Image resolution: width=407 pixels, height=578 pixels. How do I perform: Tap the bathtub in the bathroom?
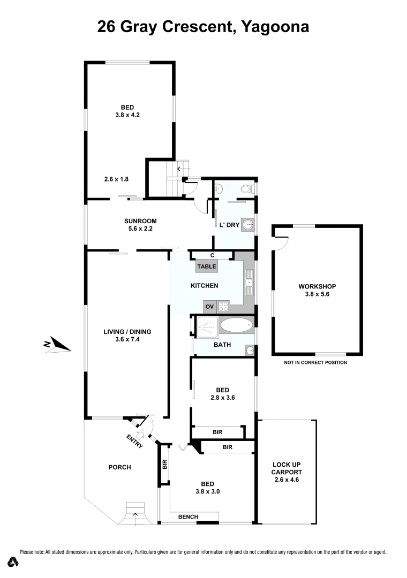click(x=236, y=325)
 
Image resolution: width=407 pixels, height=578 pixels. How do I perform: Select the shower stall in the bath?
click(x=207, y=326)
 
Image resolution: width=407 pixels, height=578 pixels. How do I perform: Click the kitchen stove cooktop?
click(x=223, y=307)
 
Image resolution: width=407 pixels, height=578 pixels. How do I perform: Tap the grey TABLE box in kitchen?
click(x=207, y=266)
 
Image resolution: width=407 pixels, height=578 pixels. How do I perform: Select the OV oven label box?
click(x=209, y=307)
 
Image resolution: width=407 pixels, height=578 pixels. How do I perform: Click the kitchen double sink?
click(x=249, y=283)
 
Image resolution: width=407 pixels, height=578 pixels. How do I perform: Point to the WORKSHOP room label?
click(x=317, y=286)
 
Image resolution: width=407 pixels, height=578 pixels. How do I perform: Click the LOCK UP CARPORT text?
click(x=287, y=468)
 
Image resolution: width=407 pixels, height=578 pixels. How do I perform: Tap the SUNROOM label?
click(x=140, y=220)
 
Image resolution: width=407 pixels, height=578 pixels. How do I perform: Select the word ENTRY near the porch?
click(x=134, y=441)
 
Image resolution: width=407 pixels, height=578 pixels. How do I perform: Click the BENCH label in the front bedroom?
click(x=188, y=516)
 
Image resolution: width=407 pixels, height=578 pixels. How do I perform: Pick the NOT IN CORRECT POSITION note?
click(x=315, y=362)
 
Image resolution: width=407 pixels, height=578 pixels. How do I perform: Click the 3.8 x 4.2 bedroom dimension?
click(x=127, y=115)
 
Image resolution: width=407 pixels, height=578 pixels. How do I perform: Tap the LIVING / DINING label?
click(x=127, y=332)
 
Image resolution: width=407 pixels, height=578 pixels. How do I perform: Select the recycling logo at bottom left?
click(x=13, y=562)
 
